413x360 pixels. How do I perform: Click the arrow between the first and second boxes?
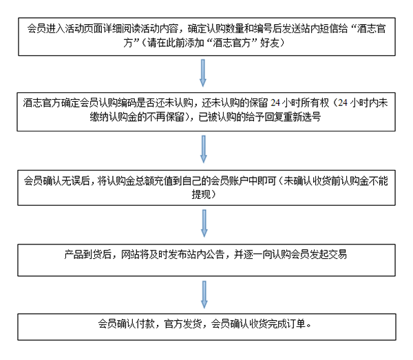203,73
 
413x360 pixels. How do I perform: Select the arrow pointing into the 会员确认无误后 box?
203,149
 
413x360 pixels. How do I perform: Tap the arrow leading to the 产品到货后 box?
204,223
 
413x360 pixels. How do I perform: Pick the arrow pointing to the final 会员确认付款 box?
204,295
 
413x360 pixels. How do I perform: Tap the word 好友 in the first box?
269,43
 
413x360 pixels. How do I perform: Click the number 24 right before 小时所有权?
275,103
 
